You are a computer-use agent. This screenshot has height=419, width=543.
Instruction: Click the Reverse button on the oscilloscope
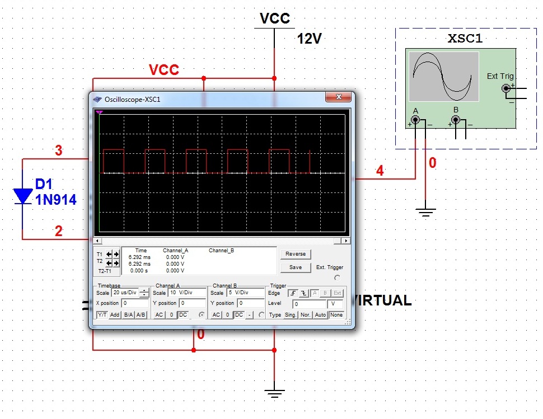tap(296, 254)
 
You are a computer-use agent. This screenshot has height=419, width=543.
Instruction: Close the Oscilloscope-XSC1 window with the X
tap(338, 97)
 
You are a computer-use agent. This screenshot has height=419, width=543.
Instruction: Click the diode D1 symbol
tap(23, 195)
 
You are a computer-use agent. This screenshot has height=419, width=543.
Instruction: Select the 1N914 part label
tap(55, 200)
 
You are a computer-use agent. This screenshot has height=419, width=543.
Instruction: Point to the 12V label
tap(309, 39)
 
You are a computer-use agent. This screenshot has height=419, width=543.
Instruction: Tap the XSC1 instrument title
tap(465, 39)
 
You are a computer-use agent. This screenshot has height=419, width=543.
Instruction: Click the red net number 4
tap(380, 171)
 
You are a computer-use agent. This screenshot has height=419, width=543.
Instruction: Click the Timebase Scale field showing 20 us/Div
tap(124, 293)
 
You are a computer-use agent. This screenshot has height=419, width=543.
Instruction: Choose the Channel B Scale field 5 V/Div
tap(237, 293)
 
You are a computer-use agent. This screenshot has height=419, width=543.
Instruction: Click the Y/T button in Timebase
tap(102, 315)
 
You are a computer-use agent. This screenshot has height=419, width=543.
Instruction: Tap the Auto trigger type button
tap(320, 315)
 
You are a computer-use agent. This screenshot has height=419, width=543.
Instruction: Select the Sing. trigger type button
tap(291, 315)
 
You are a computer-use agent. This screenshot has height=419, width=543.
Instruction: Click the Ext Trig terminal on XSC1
tap(507, 88)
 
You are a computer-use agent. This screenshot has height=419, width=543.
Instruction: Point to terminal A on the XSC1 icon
tap(415, 120)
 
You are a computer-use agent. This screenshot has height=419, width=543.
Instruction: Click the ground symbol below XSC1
tap(426, 211)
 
